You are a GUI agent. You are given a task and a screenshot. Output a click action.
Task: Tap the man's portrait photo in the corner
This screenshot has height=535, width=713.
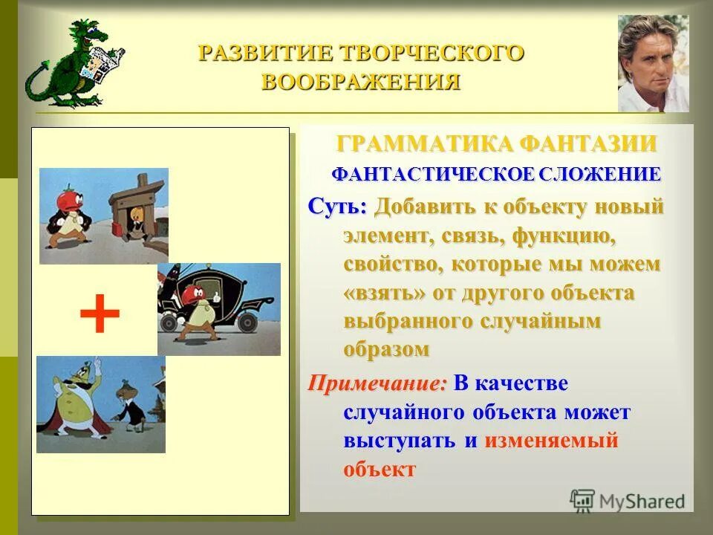[653, 63]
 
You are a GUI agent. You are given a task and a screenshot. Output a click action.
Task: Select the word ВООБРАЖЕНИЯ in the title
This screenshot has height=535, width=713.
[361, 81]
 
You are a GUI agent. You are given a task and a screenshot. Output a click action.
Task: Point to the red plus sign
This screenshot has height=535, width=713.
[100, 314]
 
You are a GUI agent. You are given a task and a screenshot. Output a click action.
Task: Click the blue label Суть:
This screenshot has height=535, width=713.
[338, 207]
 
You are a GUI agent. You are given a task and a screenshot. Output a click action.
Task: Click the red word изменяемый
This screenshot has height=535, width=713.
[551, 440]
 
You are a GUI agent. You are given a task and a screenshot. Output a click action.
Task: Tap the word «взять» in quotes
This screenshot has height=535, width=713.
[385, 292]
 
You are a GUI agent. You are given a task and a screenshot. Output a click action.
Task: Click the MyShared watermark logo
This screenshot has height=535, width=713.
[628, 500]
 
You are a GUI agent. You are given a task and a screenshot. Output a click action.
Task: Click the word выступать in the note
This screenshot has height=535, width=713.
[399, 440]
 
